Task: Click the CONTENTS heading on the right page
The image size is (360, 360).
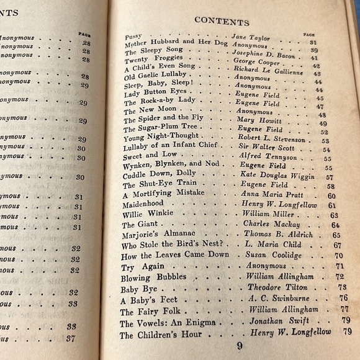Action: point(222,20)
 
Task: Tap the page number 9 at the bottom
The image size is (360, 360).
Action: point(240,346)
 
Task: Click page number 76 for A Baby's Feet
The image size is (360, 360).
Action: point(343,297)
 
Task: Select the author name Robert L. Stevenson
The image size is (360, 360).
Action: point(273,140)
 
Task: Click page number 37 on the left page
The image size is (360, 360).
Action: point(71,338)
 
